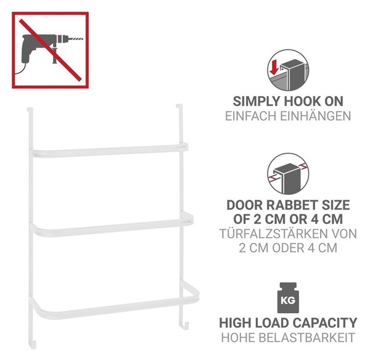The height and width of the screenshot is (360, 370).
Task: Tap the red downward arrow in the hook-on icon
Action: (x=274, y=67)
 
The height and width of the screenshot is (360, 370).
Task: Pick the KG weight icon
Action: (x=288, y=298)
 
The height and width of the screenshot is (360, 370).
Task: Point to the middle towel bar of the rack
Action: (x=111, y=225)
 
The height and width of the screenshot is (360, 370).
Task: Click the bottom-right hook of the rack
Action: (x=184, y=325)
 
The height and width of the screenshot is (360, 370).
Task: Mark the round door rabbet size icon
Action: (x=288, y=174)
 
